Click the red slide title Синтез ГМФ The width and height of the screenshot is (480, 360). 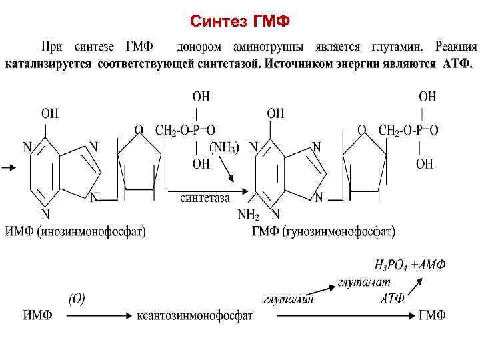coord(239,22)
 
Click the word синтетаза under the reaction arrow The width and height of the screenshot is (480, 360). coord(205,197)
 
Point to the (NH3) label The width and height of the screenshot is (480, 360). coord(224,147)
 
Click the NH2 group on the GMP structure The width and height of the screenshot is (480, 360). coord(247,215)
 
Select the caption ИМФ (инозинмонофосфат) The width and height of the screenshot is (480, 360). coord(75,231)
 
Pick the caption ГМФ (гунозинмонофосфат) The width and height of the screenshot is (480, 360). coord(323,231)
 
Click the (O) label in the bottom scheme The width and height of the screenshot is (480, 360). coord(77,298)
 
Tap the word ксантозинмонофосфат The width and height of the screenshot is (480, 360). coord(195,315)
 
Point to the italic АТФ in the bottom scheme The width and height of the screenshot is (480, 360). coord(392,298)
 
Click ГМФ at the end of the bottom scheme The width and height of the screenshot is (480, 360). coord(432,315)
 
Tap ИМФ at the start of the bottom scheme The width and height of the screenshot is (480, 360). coord(38,315)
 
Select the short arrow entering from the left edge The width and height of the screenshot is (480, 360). coord(9,169)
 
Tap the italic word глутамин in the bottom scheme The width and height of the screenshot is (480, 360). coord(287,299)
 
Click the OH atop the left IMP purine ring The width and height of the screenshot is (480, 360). coord(50,113)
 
